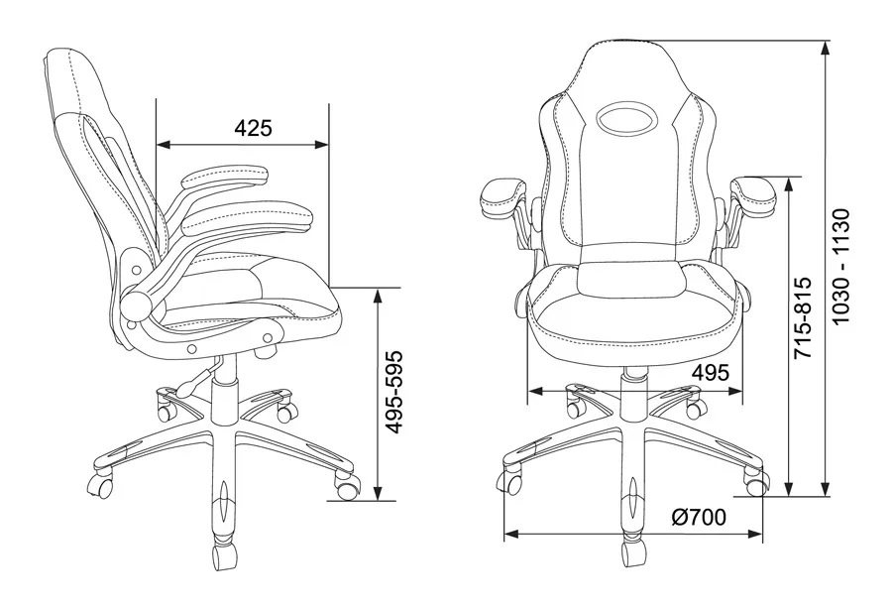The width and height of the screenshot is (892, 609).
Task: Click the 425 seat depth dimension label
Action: pos(253,128)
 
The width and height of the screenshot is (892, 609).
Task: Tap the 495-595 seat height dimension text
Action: pos(393,392)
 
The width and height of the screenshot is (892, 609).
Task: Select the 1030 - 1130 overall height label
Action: pos(839,267)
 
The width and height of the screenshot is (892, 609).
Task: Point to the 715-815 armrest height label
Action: pos(803,317)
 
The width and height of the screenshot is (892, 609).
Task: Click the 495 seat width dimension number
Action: pos(710,373)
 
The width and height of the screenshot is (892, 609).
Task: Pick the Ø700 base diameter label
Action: pos(699,517)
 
